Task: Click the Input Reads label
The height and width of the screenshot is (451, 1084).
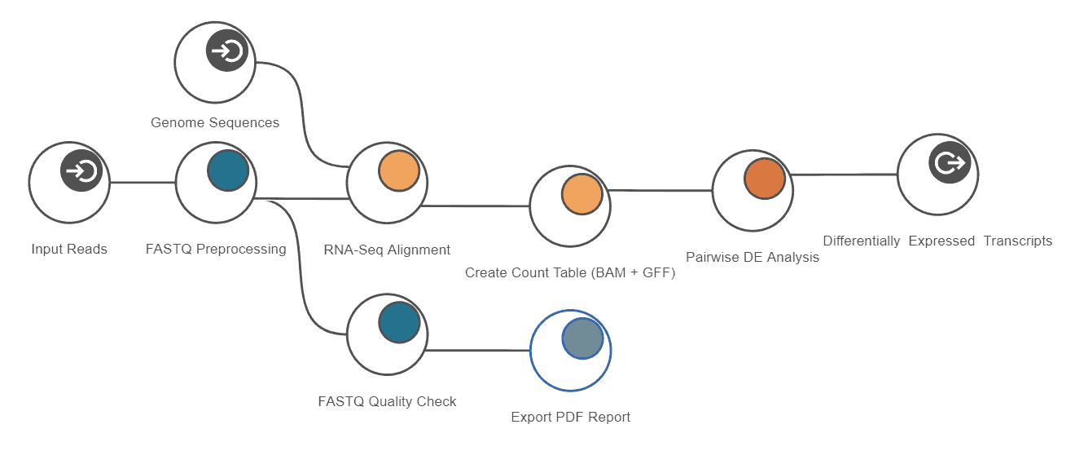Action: click(69, 250)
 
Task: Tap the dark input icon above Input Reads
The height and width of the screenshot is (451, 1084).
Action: click(81, 170)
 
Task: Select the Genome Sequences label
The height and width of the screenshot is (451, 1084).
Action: click(215, 123)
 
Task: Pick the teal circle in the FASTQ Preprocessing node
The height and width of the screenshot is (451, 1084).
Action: click(228, 170)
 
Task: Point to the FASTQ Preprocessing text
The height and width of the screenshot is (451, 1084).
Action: click(216, 250)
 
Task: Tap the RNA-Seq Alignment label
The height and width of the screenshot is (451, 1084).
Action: click(387, 250)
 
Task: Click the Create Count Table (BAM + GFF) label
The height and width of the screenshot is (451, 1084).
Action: click(570, 273)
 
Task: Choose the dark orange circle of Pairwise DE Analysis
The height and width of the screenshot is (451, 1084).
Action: click(764, 179)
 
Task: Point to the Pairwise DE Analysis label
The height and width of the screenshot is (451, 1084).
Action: click(753, 257)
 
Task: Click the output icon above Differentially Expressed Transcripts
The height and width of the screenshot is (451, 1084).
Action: click(949, 163)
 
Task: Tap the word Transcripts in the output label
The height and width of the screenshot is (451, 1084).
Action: click(1017, 241)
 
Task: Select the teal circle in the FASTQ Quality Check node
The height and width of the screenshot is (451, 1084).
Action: click(399, 322)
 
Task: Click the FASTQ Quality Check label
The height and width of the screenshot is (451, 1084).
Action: click(387, 401)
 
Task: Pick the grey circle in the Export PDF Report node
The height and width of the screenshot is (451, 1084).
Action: click(582, 338)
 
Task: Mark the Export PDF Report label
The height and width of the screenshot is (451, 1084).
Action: click(570, 418)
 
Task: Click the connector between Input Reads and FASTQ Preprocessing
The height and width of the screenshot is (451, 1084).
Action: click(143, 183)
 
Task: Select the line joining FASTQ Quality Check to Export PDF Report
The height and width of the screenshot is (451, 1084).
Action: click(478, 351)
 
